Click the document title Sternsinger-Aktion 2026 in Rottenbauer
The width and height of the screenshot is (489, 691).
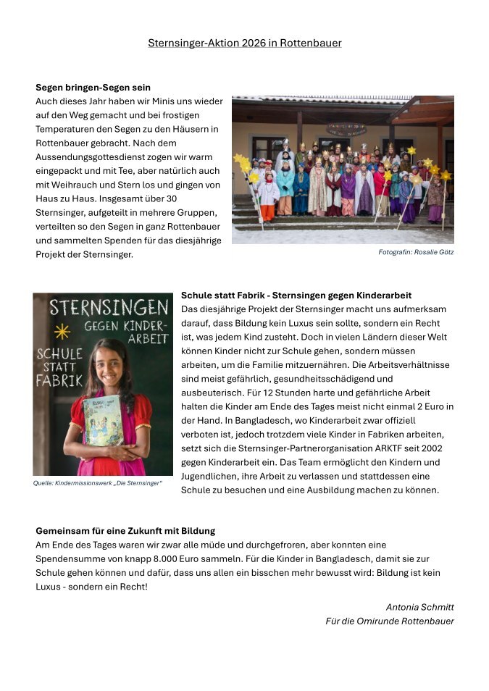click(244, 43)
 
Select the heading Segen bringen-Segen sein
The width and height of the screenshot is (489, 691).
click(93, 88)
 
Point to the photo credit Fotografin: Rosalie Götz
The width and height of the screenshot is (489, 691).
click(416, 252)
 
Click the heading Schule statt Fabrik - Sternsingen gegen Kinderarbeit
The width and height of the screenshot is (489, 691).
click(296, 296)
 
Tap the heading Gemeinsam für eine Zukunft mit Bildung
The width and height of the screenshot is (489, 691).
click(125, 531)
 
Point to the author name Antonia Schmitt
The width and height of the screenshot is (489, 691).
click(419, 607)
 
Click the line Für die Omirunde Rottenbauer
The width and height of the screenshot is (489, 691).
click(390, 621)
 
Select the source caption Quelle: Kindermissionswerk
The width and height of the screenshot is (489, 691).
click(98, 483)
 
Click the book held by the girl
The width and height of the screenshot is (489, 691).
click(103, 419)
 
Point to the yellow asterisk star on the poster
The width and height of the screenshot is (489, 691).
click(62, 331)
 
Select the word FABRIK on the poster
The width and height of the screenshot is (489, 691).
click(59, 380)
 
